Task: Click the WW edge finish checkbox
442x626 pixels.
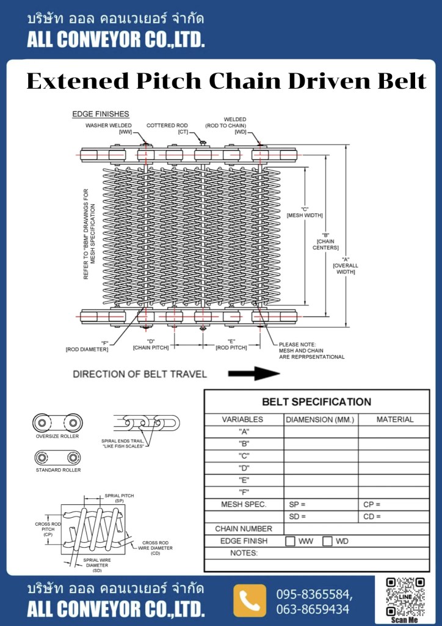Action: point(290,541)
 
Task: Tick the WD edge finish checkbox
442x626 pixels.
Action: point(327,541)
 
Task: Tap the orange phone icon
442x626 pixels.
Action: point(250,600)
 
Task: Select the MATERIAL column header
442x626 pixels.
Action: point(394,419)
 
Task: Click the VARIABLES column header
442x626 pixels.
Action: point(242,419)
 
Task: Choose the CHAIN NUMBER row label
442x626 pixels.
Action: point(243,529)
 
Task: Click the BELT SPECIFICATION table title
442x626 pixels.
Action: point(316,402)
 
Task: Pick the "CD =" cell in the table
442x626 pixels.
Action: point(372,517)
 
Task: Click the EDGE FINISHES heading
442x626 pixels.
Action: point(100,114)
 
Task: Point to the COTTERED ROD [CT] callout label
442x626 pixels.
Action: point(167,128)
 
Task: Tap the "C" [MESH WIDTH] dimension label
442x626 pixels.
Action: point(305,212)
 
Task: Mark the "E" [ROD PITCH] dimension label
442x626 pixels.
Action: point(231,344)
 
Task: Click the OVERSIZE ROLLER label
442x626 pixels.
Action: point(57,436)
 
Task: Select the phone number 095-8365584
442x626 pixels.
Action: point(314,594)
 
